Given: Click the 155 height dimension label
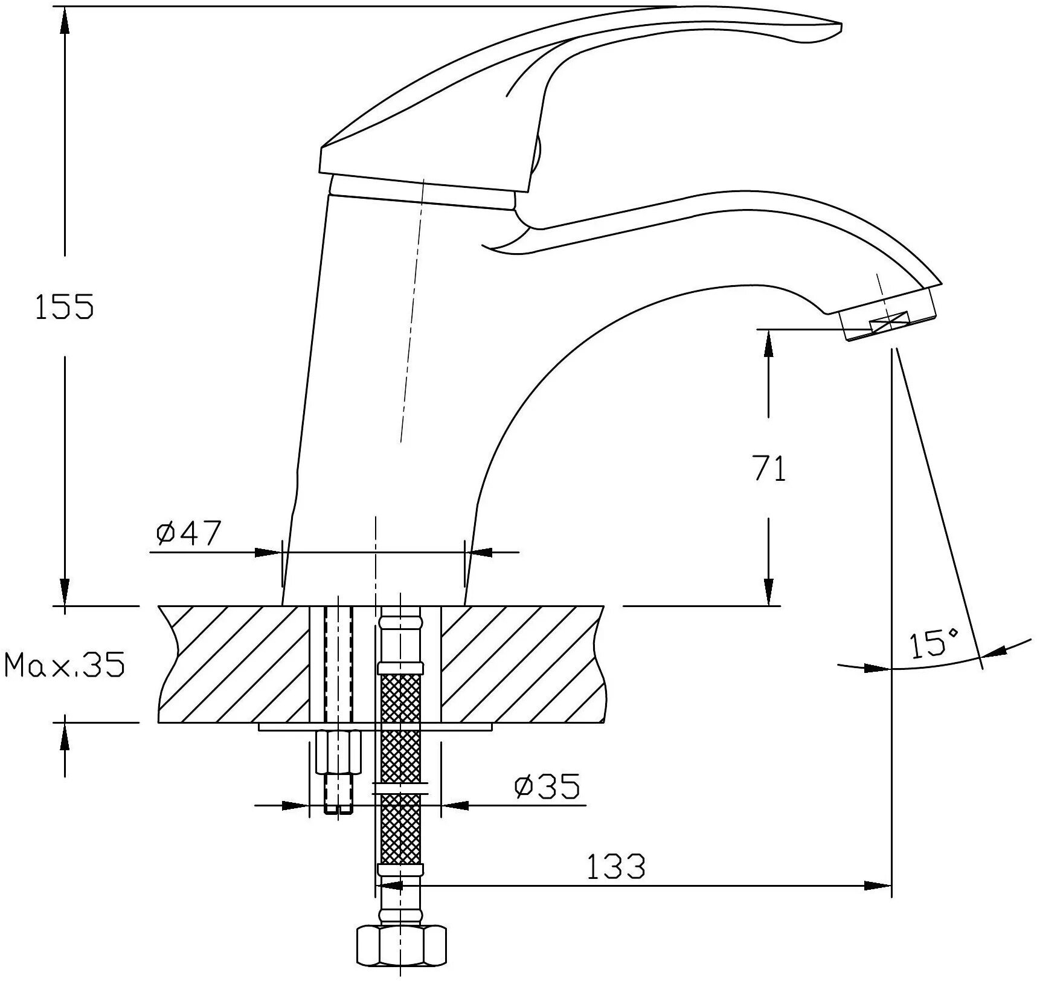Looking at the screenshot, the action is [65, 306].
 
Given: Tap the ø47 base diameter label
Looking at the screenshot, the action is [188, 533].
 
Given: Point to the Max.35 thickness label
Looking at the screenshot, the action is [65, 665].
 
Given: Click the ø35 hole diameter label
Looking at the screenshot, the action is [547, 786].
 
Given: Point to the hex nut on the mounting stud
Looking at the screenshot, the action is [338, 751].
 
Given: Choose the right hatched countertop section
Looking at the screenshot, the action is [522, 664].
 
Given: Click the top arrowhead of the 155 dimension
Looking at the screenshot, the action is [65, 18].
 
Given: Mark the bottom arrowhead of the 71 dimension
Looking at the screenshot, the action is [768, 592].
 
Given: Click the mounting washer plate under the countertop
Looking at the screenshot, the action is [374, 727].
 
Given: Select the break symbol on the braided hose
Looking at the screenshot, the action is [400, 788].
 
